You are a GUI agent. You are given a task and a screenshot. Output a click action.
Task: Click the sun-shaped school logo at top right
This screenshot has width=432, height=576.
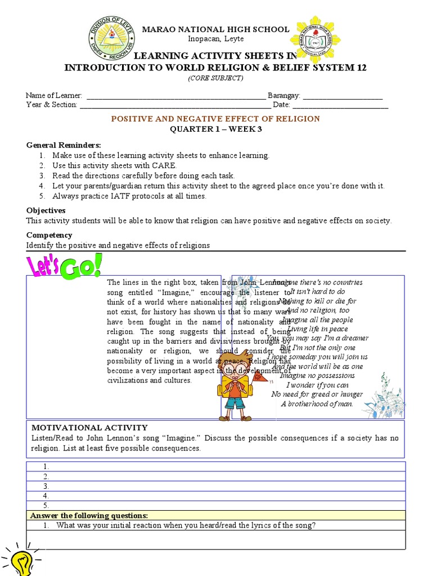click(315, 39)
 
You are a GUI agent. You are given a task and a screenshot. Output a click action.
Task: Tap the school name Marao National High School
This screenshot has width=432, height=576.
click(216, 29)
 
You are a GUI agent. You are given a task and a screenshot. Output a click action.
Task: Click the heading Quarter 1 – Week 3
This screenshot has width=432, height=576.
click(215, 129)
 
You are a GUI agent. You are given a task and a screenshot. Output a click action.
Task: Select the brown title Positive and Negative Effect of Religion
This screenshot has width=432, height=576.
click(215, 119)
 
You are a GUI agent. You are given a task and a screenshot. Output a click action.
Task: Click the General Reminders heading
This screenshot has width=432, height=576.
click(64, 145)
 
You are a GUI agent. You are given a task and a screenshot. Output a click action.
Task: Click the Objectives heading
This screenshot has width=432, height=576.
click(46, 210)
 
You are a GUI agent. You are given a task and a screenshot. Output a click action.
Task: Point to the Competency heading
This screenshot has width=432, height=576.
click(49, 235)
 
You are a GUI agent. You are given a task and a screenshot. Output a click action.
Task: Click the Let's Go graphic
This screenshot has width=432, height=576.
click(65, 266)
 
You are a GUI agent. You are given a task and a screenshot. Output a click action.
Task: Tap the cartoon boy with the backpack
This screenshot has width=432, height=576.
click(236, 385)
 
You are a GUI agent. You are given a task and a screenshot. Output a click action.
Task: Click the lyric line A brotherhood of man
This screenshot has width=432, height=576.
click(317, 404)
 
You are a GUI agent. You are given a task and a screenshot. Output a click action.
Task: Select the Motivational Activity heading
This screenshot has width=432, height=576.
click(89, 427)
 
